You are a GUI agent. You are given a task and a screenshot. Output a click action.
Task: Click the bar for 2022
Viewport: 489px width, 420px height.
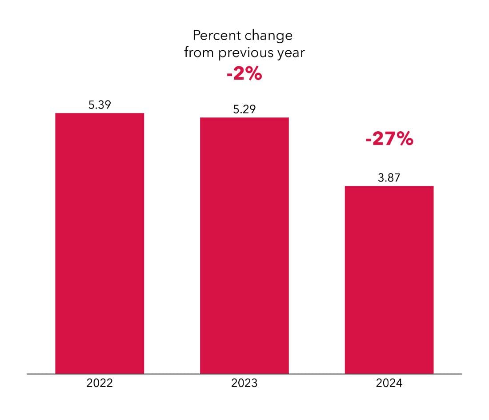[x=100, y=243]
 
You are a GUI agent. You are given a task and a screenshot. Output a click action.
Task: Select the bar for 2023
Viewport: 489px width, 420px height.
[x=244, y=246]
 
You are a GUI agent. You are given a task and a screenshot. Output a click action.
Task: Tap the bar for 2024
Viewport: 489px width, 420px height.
[x=389, y=280]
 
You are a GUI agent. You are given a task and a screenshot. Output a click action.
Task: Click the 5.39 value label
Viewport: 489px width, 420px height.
[x=100, y=105]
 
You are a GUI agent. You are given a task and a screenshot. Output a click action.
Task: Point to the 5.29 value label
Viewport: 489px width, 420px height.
[x=244, y=109]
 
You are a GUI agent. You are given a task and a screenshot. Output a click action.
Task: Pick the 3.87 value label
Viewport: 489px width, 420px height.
[x=389, y=178]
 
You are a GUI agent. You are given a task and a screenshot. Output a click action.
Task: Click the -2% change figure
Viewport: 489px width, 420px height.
[x=244, y=74]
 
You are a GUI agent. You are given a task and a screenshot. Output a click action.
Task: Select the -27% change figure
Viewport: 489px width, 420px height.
[x=389, y=138]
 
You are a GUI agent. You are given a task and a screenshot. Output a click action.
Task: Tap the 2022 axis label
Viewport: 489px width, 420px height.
[x=100, y=383]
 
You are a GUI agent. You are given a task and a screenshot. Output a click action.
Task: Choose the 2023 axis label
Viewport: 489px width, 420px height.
[x=244, y=383]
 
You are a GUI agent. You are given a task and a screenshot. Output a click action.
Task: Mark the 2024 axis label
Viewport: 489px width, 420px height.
[x=389, y=383]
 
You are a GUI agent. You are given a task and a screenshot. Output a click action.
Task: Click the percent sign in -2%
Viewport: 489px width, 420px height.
[x=253, y=74]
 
